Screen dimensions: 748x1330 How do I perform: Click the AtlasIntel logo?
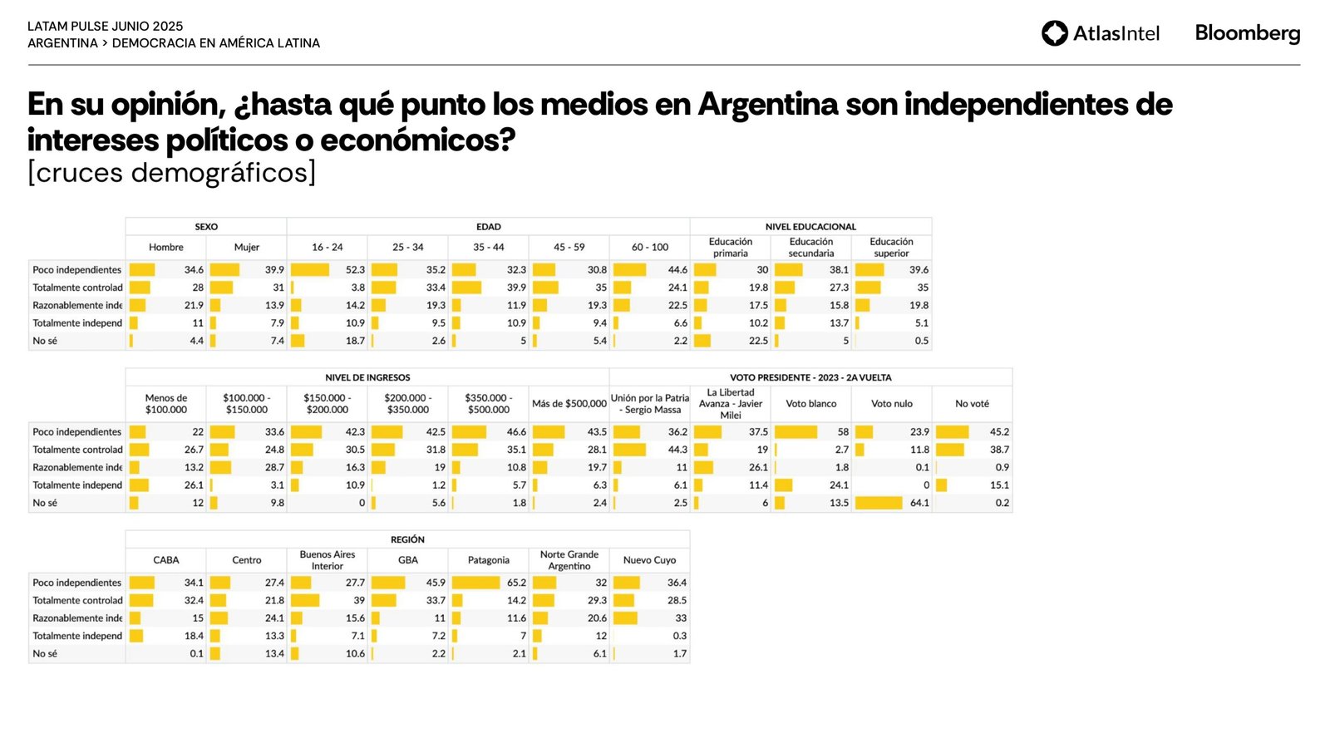click(1100, 33)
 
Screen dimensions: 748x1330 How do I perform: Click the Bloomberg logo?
click(1247, 33)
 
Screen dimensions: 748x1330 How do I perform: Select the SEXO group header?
click(206, 226)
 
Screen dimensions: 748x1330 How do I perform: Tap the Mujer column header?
click(247, 247)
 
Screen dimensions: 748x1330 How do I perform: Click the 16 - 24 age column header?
click(328, 247)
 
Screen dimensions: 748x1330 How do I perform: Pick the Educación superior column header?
click(891, 247)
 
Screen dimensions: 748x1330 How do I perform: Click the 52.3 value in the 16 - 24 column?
click(355, 270)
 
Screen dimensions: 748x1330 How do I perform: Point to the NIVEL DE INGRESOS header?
click(367, 377)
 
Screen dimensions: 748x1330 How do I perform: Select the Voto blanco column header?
click(811, 404)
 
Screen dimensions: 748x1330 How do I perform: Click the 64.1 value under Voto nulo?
click(919, 503)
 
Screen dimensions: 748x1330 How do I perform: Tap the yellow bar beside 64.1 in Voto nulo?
click(879, 503)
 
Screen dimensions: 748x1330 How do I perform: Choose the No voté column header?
click(972, 404)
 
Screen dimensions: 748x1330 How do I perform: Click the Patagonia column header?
click(489, 560)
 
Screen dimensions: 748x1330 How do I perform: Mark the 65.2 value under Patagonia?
click(516, 583)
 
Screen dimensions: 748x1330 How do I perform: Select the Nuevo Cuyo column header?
click(649, 560)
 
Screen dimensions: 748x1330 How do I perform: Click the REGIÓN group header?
click(407, 539)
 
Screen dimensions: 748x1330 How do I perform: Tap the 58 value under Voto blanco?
click(843, 432)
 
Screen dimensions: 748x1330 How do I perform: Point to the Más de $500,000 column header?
click(569, 404)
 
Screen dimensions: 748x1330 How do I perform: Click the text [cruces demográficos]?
click(171, 173)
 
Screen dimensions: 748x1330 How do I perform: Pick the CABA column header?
click(166, 560)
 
